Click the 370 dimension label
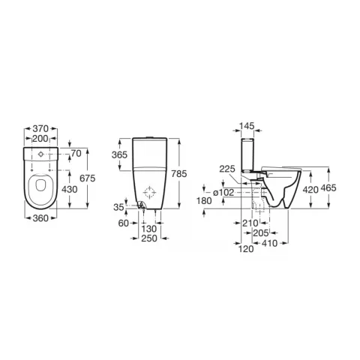[x=40, y=129]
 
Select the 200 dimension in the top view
[x=40, y=139]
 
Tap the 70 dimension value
[x=76, y=153]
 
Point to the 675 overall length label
[x=88, y=178]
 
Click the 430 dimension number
[x=70, y=190]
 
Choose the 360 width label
[x=40, y=218]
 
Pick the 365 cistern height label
[x=119, y=155]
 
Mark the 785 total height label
[x=179, y=174]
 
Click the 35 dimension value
[x=118, y=207]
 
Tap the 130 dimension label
[x=149, y=229]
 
